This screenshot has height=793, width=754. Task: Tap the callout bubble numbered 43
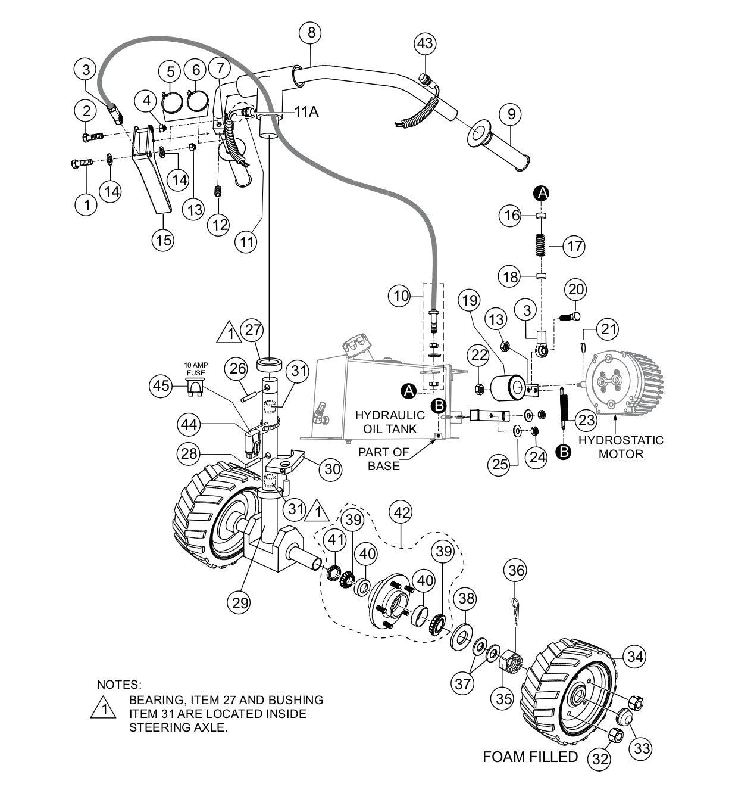pyautogui.click(x=425, y=44)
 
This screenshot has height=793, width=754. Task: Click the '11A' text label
pyautogui.click(x=306, y=111)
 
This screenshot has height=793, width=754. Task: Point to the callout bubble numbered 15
pyautogui.click(x=162, y=240)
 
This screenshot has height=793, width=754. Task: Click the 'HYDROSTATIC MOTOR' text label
pyautogui.click(x=621, y=447)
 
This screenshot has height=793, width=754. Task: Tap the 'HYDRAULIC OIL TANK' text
pyautogui.click(x=390, y=422)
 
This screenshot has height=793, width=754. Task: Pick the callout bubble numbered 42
pyautogui.click(x=402, y=512)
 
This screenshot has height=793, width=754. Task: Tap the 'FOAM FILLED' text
pyautogui.click(x=530, y=757)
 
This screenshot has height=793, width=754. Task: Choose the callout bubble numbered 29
pyautogui.click(x=240, y=602)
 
